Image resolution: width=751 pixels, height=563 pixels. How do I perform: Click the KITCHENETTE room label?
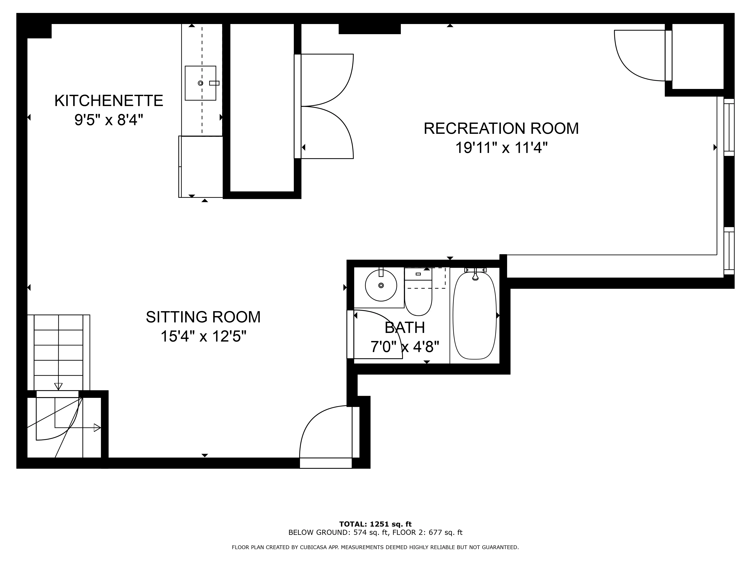coord(109,101)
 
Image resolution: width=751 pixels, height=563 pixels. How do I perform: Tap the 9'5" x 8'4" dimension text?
coord(109,120)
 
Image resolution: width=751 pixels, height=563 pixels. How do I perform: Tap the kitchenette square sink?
coord(200,83)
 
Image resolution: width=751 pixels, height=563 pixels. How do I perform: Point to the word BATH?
coord(405,327)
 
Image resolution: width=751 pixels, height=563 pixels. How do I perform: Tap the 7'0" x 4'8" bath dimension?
coord(405,347)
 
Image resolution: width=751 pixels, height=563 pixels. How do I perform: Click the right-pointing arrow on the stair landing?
coord(97,428)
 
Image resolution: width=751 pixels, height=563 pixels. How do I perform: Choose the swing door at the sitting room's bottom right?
coord(326,433)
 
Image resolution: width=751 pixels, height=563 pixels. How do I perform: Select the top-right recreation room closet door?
coord(640,56)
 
